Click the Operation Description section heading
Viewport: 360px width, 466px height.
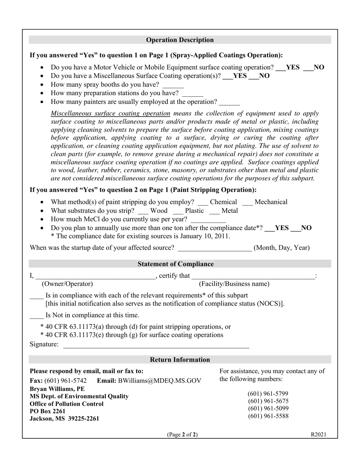click(x=180, y=40)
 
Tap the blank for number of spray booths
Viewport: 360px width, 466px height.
click(x=173, y=87)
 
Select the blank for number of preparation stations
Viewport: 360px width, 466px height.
click(x=193, y=95)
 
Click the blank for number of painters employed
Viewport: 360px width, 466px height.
click(x=229, y=104)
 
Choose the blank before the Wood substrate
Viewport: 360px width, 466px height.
click(x=143, y=213)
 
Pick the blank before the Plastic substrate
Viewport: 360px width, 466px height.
click(x=178, y=213)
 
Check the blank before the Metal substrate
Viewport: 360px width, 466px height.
click(x=214, y=213)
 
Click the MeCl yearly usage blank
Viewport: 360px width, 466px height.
click(x=208, y=222)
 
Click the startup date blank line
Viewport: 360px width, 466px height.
click(x=214, y=250)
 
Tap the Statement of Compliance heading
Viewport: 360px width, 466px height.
click(x=175, y=264)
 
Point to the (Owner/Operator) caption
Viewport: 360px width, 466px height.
click(x=67, y=284)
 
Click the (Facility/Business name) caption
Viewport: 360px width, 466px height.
click(x=234, y=284)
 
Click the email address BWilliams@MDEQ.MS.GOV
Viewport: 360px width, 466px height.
click(x=160, y=381)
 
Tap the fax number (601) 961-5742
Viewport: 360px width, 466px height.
click(x=65, y=381)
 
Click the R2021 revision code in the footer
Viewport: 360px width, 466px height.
click(x=318, y=435)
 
